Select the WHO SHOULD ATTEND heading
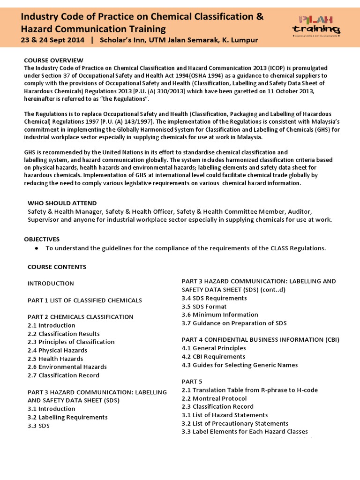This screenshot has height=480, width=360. coord(62,203)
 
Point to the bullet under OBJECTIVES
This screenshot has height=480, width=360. coord(36,248)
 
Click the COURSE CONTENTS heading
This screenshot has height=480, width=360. coord(57,267)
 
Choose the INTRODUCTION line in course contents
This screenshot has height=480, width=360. coord(51,284)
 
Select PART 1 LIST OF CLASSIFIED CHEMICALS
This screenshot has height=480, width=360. coord(84,300)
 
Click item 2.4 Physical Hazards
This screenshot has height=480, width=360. coord(57,350)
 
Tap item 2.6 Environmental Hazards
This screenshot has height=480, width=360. coord(67,367)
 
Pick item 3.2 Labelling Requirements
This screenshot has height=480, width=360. coord(67,417)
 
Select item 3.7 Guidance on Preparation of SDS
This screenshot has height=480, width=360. coord(234,323)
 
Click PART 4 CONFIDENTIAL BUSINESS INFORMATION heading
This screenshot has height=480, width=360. coord(260,339)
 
